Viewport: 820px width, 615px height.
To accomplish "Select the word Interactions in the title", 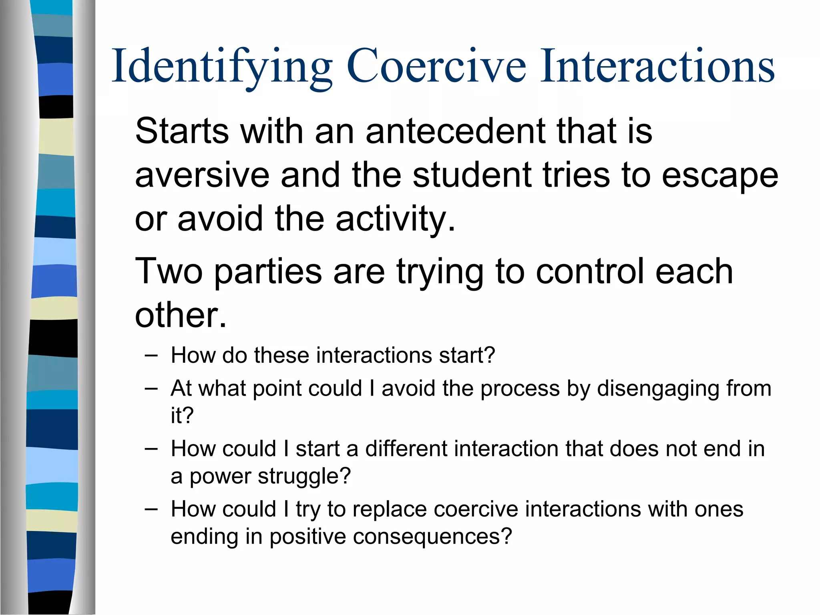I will click(x=657, y=66).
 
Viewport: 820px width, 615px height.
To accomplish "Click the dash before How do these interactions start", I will click(x=151, y=355).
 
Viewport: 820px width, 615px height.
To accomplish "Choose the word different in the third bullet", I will click(x=406, y=448).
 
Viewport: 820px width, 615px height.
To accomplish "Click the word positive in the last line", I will click(x=307, y=537).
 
